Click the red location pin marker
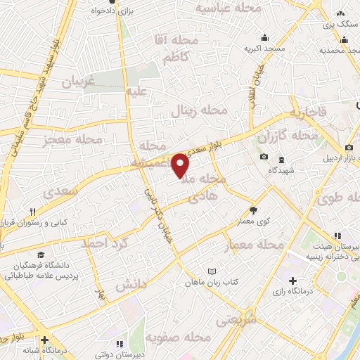pos(181,165)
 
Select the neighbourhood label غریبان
pos(78,82)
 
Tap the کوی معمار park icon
pos(253,210)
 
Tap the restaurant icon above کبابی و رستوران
pos(32,212)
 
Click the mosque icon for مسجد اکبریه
pos(264,38)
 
